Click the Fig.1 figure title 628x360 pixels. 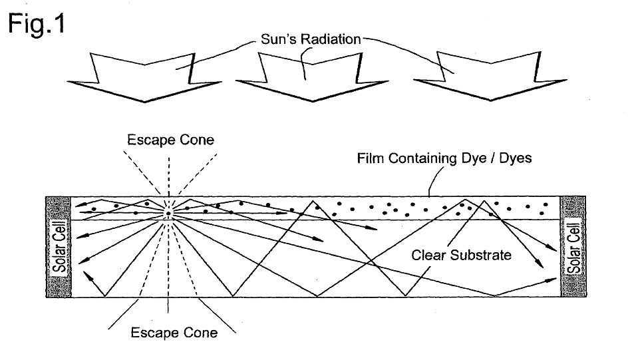point(37,24)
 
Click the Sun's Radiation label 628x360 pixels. point(311,39)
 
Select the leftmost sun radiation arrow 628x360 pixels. point(144,77)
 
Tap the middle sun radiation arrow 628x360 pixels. point(312,77)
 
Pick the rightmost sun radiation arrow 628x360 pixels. point(491,76)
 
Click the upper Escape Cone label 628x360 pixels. point(170,140)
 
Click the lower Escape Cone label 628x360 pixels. point(174,332)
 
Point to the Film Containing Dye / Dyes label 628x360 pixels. point(444,158)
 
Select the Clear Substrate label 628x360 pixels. point(462,255)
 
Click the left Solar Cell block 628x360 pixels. point(59,247)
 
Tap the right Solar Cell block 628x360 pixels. point(573,246)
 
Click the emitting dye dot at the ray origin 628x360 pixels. point(168,214)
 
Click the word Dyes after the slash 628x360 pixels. point(516,158)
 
